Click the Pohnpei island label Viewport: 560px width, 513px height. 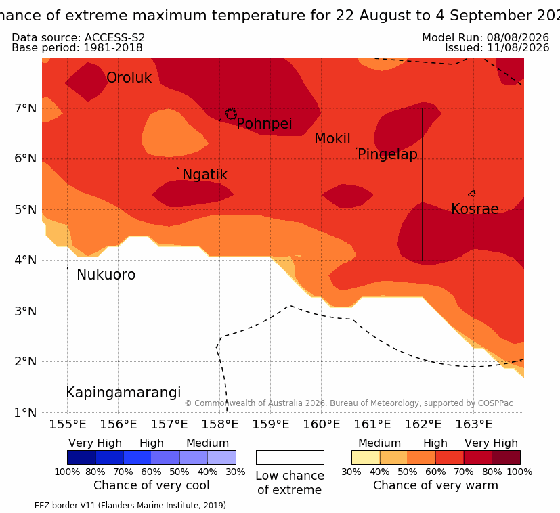(264, 124)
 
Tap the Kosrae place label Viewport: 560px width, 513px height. (475, 209)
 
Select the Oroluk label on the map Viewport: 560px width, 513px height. (129, 78)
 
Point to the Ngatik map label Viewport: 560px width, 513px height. (204, 175)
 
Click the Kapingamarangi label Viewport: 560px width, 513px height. (123, 393)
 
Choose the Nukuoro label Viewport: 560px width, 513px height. (106, 275)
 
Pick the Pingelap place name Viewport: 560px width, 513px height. (387, 154)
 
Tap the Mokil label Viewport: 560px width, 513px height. (332, 139)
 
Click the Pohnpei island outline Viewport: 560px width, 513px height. (231, 114)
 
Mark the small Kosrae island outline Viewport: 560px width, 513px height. (472, 194)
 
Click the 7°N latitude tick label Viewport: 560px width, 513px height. (26, 108)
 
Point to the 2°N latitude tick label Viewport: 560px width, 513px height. (26, 361)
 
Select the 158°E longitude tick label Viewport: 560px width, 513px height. (219, 424)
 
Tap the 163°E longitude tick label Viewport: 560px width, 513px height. (473, 424)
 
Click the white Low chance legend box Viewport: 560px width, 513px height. (290, 458)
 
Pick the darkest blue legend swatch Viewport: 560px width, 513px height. (81, 458)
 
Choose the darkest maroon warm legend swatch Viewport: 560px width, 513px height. (506, 458)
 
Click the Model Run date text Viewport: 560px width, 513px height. (486, 37)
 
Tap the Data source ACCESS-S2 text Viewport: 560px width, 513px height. (79, 37)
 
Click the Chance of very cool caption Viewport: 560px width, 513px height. (152, 485)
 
